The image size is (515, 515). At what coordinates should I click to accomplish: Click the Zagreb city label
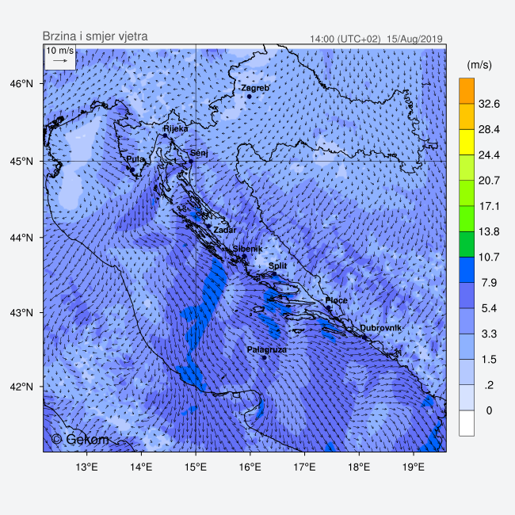coord(255,88)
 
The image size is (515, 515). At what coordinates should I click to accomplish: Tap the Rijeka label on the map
coord(176,128)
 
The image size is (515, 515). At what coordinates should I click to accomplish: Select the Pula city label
coord(135,159)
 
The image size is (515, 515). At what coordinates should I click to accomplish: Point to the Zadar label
coord(225,230)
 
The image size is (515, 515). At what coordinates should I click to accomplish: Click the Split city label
coord(277,266)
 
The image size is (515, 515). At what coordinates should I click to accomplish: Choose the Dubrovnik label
coord(381,328)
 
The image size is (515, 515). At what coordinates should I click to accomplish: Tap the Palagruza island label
coord(267,349)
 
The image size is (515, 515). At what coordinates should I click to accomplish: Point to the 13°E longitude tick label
coord(86,466)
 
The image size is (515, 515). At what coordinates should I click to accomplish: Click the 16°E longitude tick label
coord(250,466)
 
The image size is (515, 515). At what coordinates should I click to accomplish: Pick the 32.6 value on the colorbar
coord(490,104)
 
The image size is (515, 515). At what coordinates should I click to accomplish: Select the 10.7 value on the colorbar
coord(490,257)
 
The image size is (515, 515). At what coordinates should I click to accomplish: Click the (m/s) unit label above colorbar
coord(480,63)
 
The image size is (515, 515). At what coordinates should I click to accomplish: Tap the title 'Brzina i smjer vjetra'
coord(94,36)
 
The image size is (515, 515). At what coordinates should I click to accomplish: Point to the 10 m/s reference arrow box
coord(59,56)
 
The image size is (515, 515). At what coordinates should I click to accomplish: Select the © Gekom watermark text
coord(81,439)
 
